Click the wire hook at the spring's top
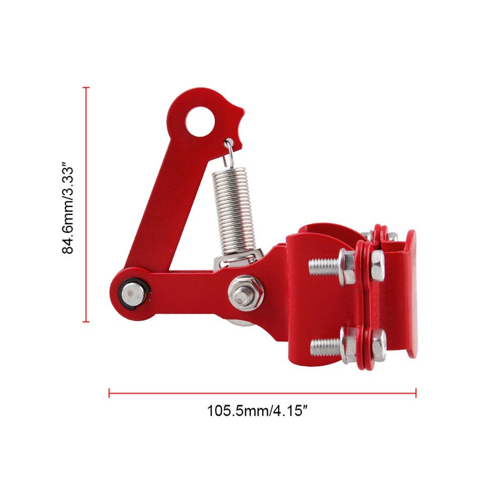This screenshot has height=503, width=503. click(229, 151)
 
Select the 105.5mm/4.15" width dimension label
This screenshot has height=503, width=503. click(257, 411)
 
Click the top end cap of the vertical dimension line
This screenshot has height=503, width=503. click(86, 88)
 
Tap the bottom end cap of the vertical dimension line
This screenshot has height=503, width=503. click(86, 321)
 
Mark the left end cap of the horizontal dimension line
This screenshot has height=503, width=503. click(109, 392)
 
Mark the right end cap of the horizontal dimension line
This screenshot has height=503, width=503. click(416, 392)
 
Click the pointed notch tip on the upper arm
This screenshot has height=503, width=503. click(243, 114)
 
